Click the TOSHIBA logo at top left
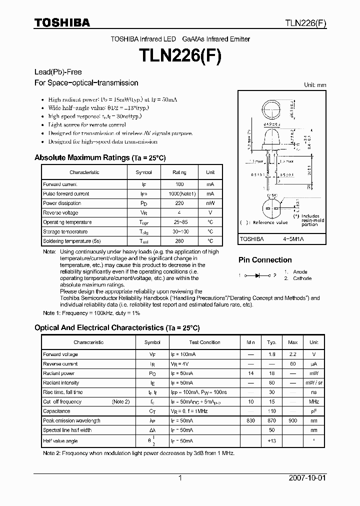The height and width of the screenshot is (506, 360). [x=62, y=22]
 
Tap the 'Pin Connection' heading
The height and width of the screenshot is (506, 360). [x=265, y=260]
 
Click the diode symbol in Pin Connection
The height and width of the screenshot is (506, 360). [x=257, y=275]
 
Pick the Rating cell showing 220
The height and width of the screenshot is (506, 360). [x=179, y=203]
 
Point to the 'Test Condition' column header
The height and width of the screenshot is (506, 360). [x=204, y=342]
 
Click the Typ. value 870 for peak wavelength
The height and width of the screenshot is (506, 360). [x=271, y=420]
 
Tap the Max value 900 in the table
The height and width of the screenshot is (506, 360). [x=292, y=420]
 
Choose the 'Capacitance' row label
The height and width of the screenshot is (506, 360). [x=56, y=411]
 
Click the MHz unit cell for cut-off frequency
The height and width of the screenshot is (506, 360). [x=313, y=401]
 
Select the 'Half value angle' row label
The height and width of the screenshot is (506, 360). [x=60, y=441]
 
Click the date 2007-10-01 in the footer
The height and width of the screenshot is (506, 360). [x=307, y=478]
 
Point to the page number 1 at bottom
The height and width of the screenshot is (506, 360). [x=180, y=478]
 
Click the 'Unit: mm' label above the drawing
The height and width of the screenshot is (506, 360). [x=315, y=85]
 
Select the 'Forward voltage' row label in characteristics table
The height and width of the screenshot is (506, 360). [x=60, y=354]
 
